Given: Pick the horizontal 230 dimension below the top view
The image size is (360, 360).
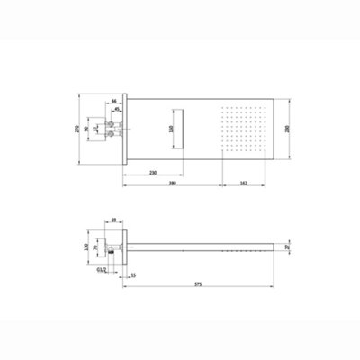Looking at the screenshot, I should tap(155, 171).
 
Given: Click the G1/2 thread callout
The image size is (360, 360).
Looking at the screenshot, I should tap(100, 267).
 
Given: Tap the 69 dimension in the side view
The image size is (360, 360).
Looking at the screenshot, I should tap(115, 218).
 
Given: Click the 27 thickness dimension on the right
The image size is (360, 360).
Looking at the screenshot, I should tap(286, 247).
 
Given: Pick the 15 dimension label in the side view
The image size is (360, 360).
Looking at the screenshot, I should tap(133, 274).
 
